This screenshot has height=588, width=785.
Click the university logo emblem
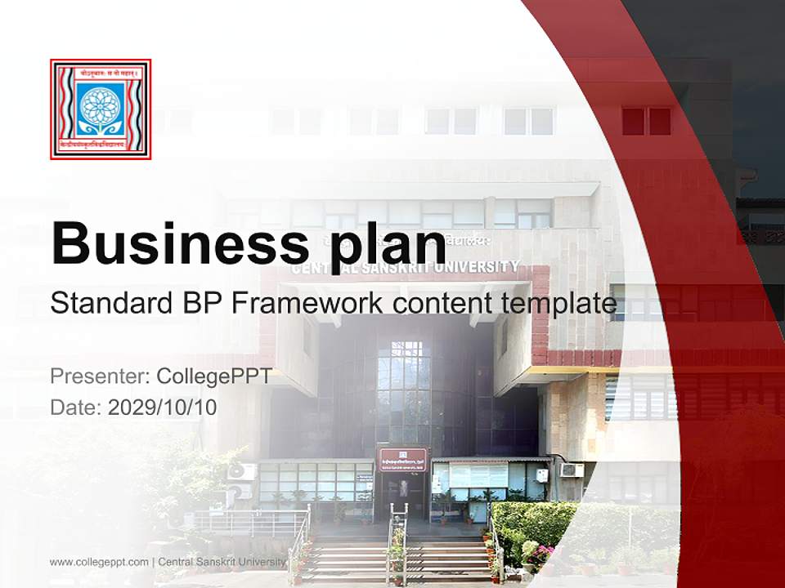pos(101,109)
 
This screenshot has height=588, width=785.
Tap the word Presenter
pos(97,376)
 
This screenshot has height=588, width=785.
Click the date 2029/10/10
pos(163,407)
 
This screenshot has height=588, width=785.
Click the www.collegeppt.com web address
pos(99,562)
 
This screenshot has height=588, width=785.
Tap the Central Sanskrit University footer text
pos(222,562)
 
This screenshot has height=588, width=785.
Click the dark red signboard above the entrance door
pos(401,459)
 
